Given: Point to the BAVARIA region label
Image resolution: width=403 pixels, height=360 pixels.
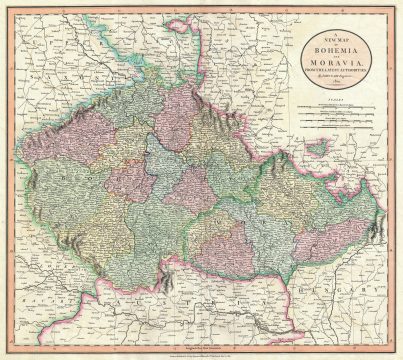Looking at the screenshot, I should [x=40, y=285].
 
